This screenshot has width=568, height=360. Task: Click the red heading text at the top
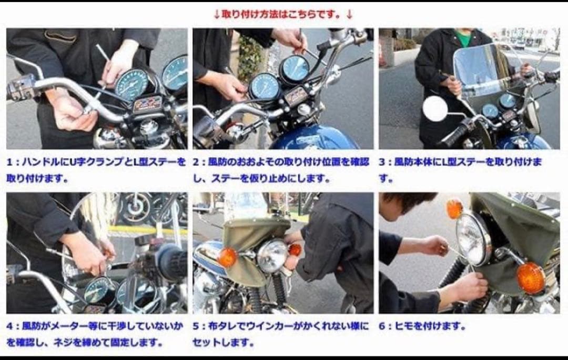[283, 14]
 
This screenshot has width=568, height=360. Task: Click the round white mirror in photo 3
[435, 108]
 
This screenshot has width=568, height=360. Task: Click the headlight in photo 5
[272, 256]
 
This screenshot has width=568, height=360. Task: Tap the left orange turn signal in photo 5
[228, 257]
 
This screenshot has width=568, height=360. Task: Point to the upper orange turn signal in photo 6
[454, 208]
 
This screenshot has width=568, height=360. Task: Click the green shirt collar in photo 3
[462, 38]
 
